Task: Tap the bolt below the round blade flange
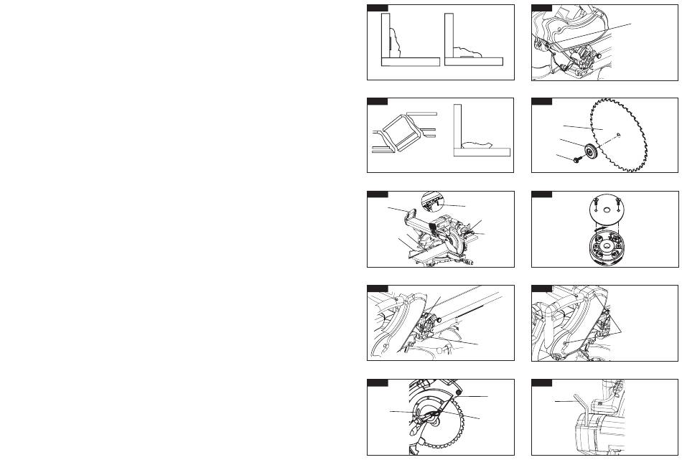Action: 577,160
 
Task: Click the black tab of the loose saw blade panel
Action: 541,101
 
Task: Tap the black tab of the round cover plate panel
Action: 541,194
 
